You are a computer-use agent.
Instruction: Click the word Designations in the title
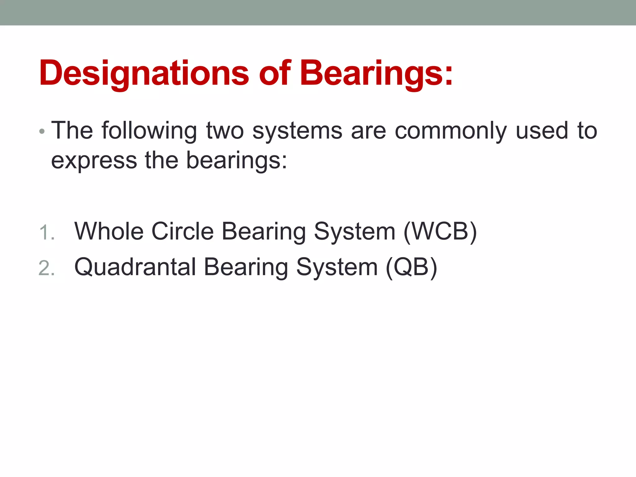(x=144, y=73)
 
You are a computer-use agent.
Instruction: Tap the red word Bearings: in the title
(x=376, y=73)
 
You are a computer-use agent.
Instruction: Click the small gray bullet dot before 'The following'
(x=42, y=132)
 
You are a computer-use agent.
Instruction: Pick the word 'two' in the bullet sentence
(x=225, y=130)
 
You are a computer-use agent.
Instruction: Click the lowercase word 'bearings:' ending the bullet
(x=237, y=161)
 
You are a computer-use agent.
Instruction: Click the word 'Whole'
(x=109, y=231)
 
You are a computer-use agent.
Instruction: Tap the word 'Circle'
(x=183, y=231)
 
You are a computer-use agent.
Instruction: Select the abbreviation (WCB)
(x=440, y=232)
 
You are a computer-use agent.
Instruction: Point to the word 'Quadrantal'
(x=135, y=267)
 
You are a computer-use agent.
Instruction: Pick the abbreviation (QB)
(x=411, y=267)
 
